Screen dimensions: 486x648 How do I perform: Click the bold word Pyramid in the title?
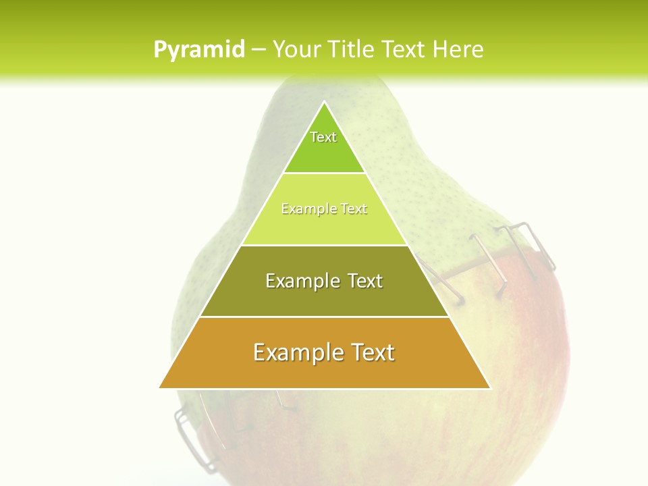click(199, 50)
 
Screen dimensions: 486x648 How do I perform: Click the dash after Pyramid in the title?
click(259, 50)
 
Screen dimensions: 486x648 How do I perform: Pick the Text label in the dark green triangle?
click(323, 137)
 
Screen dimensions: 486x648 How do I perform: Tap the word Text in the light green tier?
click(354, 209)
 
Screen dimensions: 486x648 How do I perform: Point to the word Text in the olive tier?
click(366, 281)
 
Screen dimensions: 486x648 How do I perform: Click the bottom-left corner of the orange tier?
click(160, 387)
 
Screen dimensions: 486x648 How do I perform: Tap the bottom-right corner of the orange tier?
click(489, 387)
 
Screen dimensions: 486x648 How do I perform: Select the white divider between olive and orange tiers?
click(325, 317)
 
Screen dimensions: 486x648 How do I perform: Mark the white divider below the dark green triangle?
click(325, 173)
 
